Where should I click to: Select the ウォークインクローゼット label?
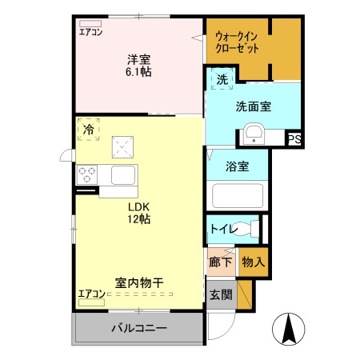pos(237,42)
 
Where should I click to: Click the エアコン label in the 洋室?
pos(90,32)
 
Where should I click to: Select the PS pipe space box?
pos(294,139)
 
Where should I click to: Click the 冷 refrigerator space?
pos(88,129)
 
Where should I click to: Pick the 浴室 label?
pos(236,167)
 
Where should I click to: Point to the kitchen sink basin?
pos(122,174)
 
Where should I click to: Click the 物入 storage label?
pos(253,261)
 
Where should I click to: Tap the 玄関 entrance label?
pos(222,294)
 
